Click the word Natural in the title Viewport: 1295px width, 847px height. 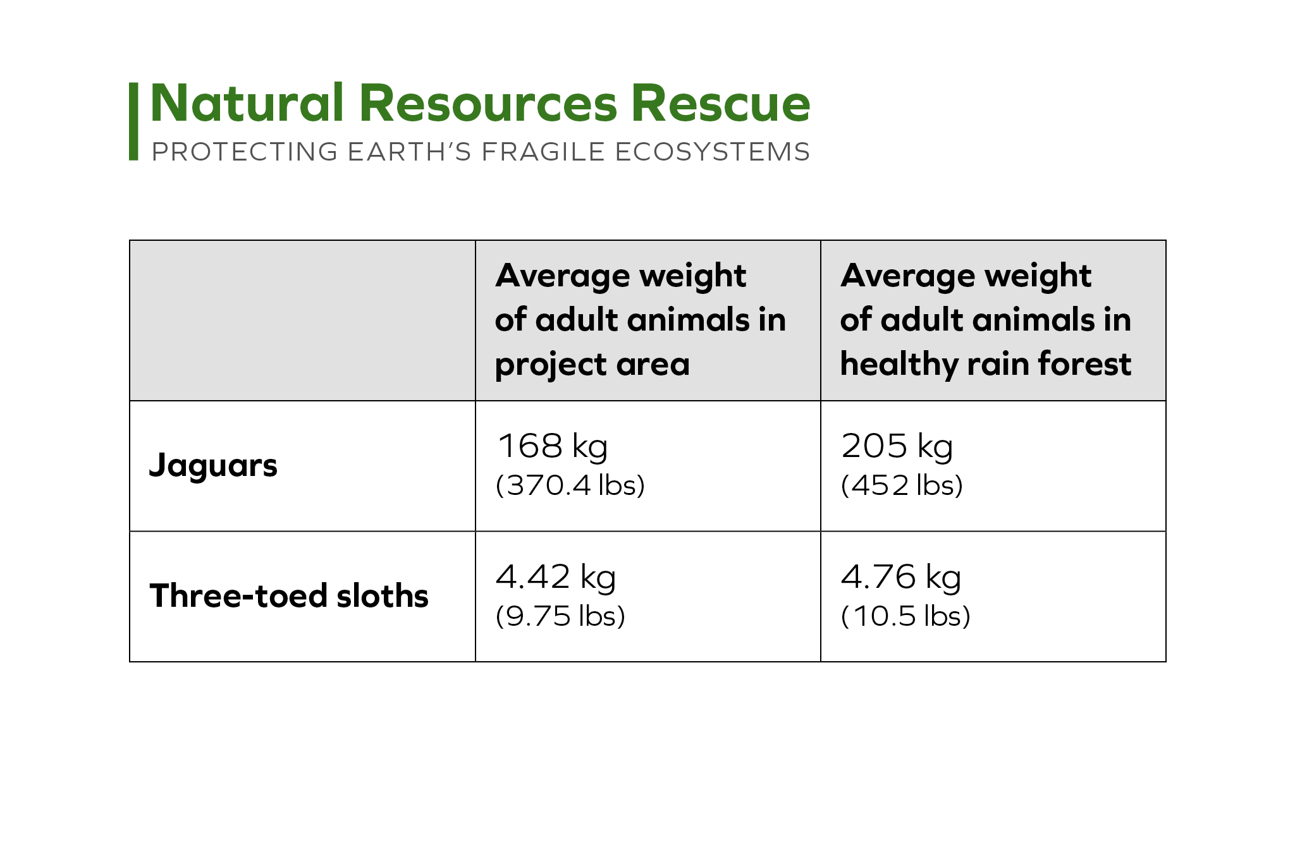[247, 103]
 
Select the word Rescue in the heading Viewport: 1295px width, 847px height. [721, 103]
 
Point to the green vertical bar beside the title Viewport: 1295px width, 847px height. [133, 121]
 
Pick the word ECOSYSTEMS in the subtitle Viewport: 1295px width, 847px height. [713, 152]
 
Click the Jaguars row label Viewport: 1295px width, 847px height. [213, 466]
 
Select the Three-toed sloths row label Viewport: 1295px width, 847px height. [289, 595]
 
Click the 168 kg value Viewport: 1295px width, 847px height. [553, 446]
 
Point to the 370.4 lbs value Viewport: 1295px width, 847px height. [570, 485]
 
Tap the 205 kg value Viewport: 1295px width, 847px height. [897, 446]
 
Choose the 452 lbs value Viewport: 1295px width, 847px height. [902, 485]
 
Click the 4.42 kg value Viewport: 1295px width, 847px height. [556, 577]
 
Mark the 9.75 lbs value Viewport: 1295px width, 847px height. [561, 616]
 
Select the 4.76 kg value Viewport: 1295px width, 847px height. [901, 577]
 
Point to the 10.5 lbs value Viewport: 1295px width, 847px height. [905, 616]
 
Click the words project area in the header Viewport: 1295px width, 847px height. [592, 365]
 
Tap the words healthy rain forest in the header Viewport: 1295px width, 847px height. [986, 364]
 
